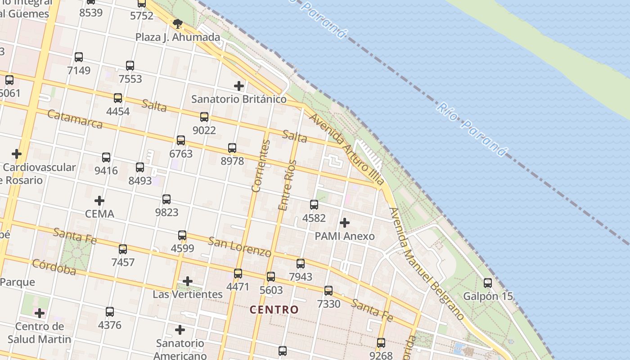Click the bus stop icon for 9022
click(204, 117)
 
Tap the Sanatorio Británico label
click(238, 99)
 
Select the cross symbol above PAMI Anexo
click(345, 222)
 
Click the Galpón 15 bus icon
click(488, 283)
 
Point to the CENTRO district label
click(274, 310)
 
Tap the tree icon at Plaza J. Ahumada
click(178, 23)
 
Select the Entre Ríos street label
click(288, 185)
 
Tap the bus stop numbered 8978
click(232, 148)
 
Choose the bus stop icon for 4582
click(314, 205)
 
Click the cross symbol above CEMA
click(99, 200)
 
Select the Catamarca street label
click(75, 119)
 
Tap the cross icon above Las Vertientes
click(188, 281)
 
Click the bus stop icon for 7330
click(328, 291)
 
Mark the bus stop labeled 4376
click(110, 311)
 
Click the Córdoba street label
click(54, 266)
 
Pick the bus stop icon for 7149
click(79, 57)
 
